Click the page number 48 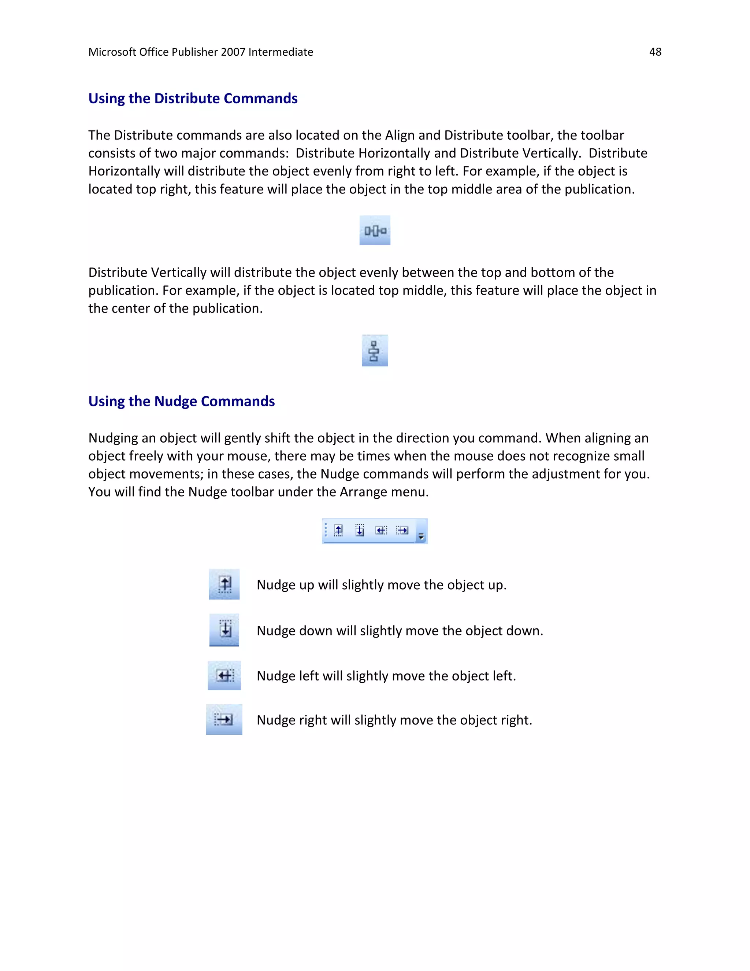[655, 52]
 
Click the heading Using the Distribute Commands [193, 98]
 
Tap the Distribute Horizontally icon [375, 230]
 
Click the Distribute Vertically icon [375, 351]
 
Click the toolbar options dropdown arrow [421, 537]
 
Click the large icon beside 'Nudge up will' [224, 584]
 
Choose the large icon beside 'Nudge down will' [224, 630]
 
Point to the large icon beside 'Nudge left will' [224, 676]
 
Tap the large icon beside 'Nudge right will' [224, 719]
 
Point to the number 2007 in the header [233, 52]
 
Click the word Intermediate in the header [281, 52]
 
